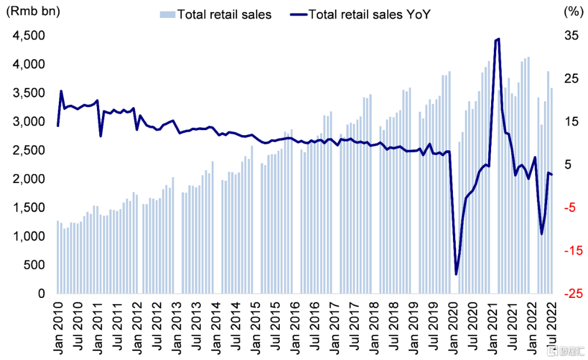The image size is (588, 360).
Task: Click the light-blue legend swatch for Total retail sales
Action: (x=168, y=15)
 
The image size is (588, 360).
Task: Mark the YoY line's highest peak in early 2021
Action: (x=498, y=39)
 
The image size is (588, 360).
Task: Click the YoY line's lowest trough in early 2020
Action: (x=456, y=274)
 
